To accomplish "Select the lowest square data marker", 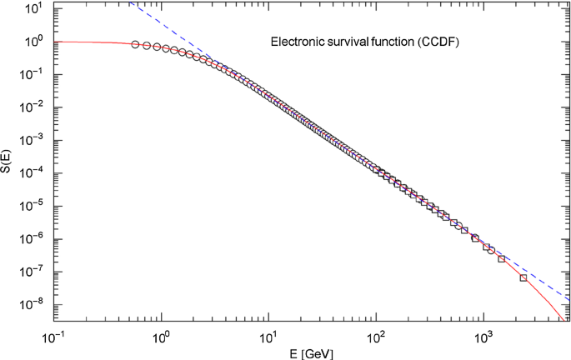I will pyautogui.click(x=523, y=277).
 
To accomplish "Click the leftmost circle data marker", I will pyautogui.click(x=135, y=45).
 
